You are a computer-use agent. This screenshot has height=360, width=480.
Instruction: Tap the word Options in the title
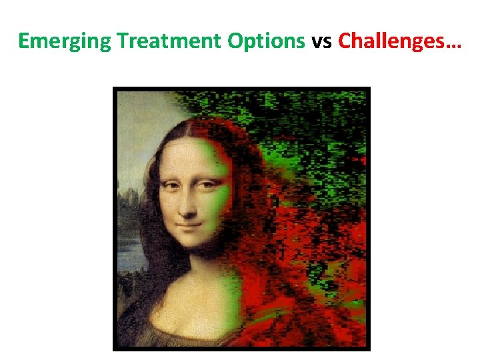(x=266, y=41)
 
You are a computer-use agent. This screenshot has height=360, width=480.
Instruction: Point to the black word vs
(x=322, y=41)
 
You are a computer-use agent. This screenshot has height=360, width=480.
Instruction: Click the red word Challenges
(x=389, y=41)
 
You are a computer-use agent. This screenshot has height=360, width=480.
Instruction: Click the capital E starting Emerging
(x=23, y=41)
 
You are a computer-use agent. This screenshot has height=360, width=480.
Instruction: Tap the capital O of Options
(x=235, y=41)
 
